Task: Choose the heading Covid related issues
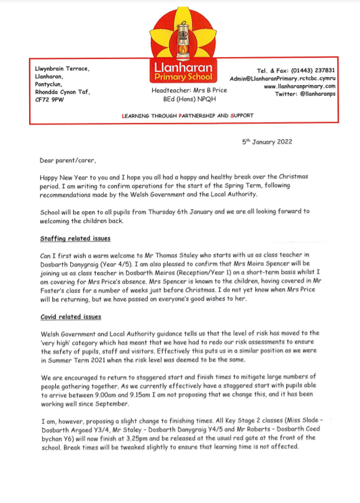pos(71,316)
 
